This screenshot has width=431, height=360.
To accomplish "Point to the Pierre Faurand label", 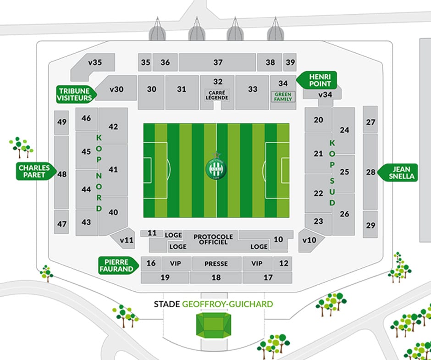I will pyautogui.click(x=118, y=265).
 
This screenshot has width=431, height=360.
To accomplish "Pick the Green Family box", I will pyautogui.click(x=283, y=97).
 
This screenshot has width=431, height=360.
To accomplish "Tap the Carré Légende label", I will pyautogui.click(x=218, y=94).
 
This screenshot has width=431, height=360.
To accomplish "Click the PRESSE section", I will pyautogui.click(x=216, y=264).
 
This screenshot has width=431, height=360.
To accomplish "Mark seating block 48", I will pyautogui.click(x=62, y=174).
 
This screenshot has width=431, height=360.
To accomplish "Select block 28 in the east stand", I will pyautogui.click(x=370, y=172).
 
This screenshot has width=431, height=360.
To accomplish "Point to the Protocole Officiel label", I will pyautogui.click(x=213, y=239).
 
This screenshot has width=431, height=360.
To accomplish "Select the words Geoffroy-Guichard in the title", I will pyautogui.click(x=227, y=304).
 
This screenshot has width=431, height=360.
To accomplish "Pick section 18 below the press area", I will pyautogui.click(x=216, y=277).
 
